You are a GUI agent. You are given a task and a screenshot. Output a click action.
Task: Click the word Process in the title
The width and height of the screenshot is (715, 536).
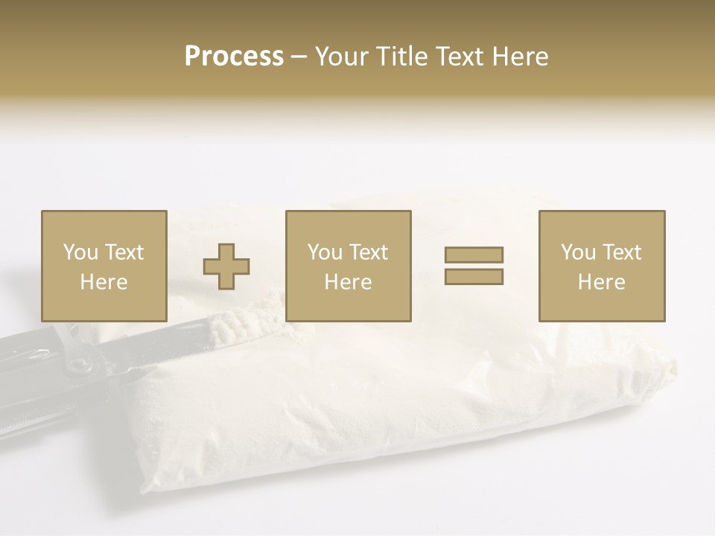click(x=234, y=57)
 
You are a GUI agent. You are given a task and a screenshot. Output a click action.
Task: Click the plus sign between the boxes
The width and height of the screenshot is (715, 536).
click(x=226, y=267)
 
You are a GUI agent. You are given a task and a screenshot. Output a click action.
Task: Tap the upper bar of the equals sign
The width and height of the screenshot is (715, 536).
click(x=474, y=255)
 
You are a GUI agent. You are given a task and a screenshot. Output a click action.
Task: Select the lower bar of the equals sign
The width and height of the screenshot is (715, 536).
click(x=474, y=277)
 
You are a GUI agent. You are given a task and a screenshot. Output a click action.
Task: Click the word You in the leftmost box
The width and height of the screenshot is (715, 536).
click(x=80, y=252)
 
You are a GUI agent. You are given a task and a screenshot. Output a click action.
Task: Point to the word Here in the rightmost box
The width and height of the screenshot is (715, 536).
click(x=601, y=282)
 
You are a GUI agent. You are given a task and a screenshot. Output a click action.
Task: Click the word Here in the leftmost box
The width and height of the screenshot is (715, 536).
click(x=104, y=282)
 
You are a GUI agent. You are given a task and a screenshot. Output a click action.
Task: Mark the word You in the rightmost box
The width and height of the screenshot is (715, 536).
click(x=577, y=252)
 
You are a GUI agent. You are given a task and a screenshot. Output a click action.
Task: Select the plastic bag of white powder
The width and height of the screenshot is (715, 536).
click(x=417, y=402)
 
